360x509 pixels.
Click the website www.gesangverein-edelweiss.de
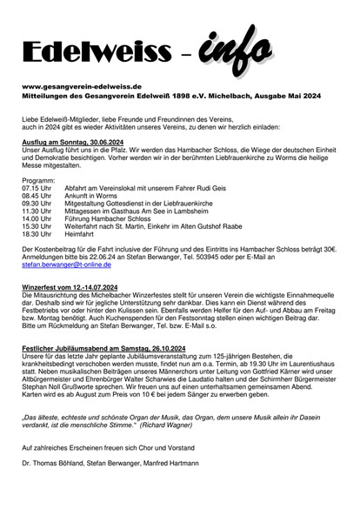(x=82, y=88)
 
